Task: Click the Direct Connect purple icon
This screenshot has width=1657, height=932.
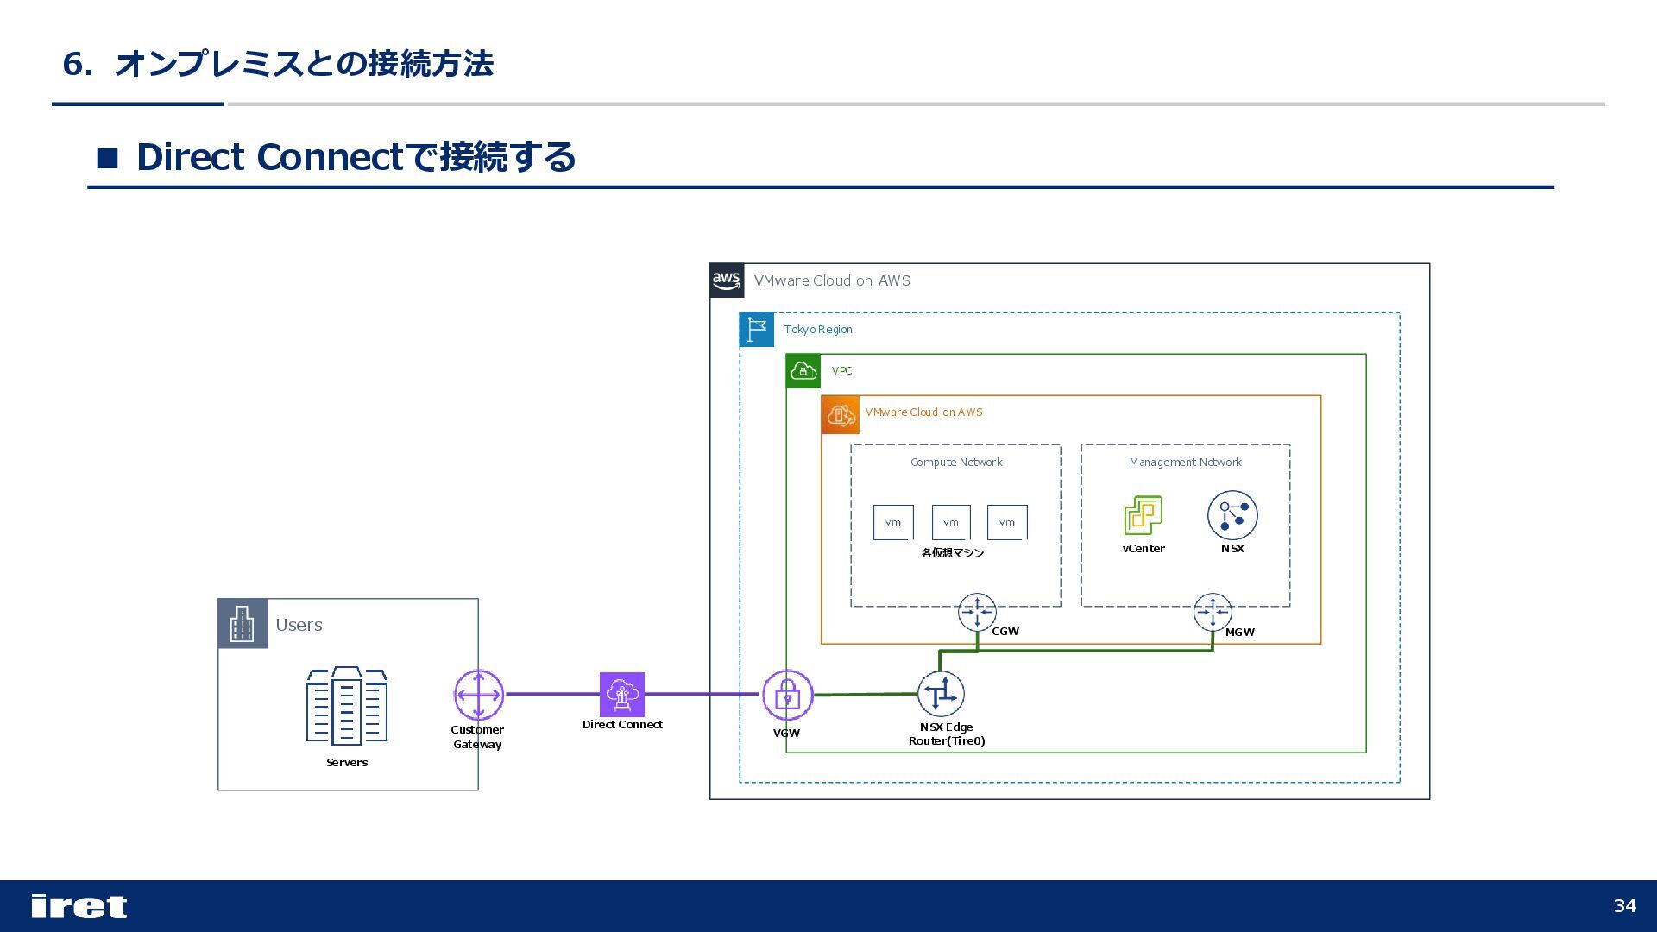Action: click(622, 695)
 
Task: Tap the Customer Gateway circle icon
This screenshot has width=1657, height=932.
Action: click(479, 695)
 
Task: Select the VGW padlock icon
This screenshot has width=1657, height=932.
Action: click(787, 695)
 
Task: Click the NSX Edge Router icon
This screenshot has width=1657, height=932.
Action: click(941, 694)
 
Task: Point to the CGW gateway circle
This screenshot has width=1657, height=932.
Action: click(977, 613)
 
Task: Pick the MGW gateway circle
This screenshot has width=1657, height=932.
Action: click(1213, 613)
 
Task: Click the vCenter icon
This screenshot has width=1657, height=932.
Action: click(1144, 515)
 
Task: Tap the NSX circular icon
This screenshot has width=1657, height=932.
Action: click(1232, 515)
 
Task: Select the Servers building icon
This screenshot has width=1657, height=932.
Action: click(347, 705)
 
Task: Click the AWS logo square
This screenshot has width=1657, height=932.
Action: click(727, 280)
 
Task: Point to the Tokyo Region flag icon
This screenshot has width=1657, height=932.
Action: click(757, 330)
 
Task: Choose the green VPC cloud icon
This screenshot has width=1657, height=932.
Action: click(803, 371)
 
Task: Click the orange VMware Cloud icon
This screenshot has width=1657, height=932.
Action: click(841, 414)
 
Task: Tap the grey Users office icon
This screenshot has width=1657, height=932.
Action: click(243, 624)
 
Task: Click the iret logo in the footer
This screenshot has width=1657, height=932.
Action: click(79, 906)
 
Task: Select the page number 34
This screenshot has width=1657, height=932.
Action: click(1625, 905)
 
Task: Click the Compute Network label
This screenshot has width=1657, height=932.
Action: click(956, 463)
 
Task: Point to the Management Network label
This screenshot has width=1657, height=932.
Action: click(1186, 463)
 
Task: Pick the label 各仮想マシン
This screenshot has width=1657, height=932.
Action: click(953, 553)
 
